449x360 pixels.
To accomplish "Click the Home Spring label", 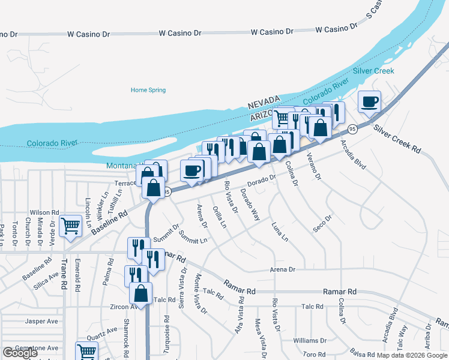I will [148, 90].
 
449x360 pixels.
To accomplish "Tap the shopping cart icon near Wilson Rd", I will [71, 226].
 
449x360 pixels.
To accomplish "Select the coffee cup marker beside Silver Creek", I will [370, 101].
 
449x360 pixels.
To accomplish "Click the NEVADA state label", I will [264, 100].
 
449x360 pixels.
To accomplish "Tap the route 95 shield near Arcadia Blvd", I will [352, 128].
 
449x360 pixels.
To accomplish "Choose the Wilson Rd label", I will [45, 212].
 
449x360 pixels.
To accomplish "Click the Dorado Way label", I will [250, 205].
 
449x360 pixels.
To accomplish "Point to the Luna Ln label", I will [280, 232].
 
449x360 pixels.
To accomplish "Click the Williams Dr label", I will [310, 341].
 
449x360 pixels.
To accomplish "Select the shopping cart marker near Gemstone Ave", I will [86, 351].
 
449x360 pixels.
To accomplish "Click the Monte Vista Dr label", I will [200, 294].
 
